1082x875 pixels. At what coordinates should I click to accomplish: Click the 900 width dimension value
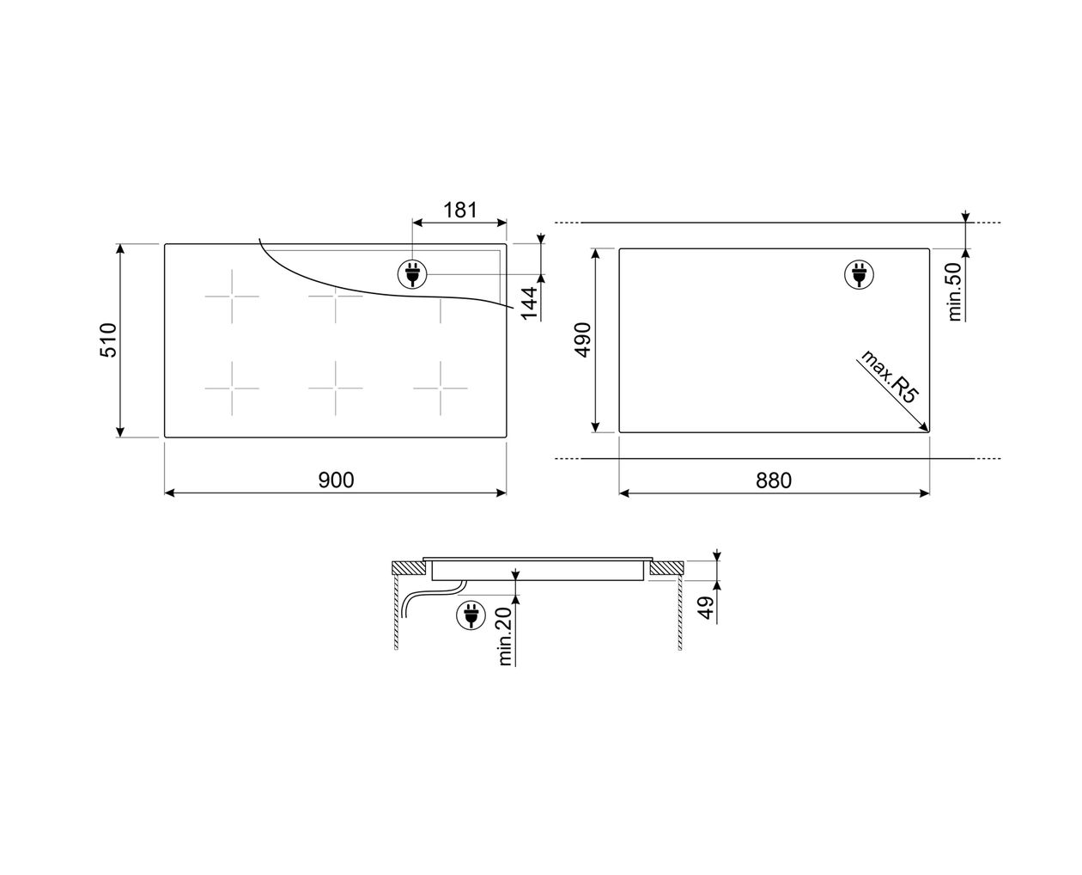tap(336, 480)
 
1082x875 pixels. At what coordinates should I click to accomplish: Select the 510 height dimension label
tap(109, 340)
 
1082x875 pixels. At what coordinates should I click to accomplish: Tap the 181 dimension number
tap(460, 210)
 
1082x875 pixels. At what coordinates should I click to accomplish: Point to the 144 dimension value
tap(529, 303)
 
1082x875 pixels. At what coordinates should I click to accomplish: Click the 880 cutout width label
tap(773, 480)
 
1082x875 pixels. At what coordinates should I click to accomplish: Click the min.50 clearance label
tap(955, 291)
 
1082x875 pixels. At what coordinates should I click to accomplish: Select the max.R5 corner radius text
tap(889, 376)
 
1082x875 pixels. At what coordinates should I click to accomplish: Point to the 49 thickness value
tap(706, 608)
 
